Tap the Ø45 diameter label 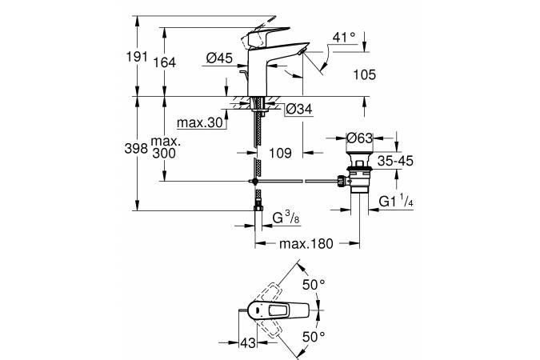(x=219, y=58)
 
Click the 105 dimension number (x=363, y=74)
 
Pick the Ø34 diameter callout (x=297, y=110)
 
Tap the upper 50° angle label (x=314, y=284)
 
